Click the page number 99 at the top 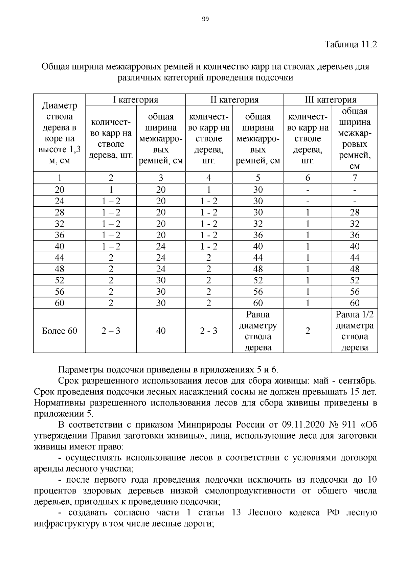click(x=205, y=19)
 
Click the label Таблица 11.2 click(x=351, y=44)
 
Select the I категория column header click(x=135, y=100)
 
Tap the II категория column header click(x=234, y=100)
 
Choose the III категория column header click(x=331, y=100)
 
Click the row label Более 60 click(x=60, y=331)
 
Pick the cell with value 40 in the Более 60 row click(x=161, y=331)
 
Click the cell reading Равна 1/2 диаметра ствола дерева click(x=355, y=331)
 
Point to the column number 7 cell click(x=355, y=178)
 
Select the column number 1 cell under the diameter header click(x=60, y=178)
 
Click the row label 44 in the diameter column click(x=60, y=258)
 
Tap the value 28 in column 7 click(x=355, y=212)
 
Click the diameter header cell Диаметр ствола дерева click(x=60, y=133)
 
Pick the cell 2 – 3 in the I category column click(x=111, y=331)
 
